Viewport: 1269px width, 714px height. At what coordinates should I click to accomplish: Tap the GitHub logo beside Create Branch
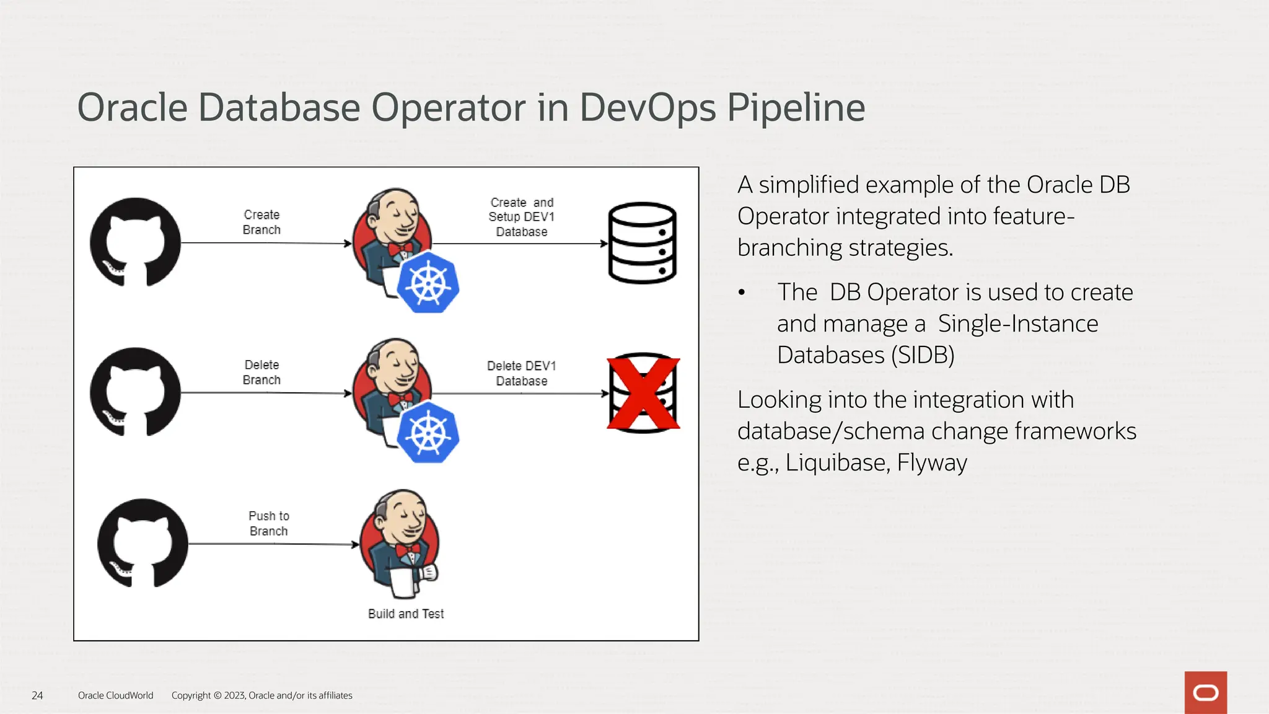pyautogui.click(x=135, y=242)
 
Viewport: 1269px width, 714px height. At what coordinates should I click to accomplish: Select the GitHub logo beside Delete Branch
pyautogui.click(x=135, y=392)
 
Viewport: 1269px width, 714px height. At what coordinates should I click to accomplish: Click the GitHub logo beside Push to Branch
pyautogui.click(x=143, y=543)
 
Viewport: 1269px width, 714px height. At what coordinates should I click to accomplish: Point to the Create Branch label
pyautogui.click(x=261, y=222)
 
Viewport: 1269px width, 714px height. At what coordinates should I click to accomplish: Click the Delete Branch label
pyautogui.click(x=261, y=372)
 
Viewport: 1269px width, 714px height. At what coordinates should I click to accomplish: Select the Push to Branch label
pyautogui.click(x=269, y=523)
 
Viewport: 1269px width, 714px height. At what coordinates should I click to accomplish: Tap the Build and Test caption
pyautogui.click(x=406, y=614)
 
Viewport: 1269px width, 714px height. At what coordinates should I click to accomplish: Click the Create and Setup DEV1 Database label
pyautogui.click(x=521, y=217)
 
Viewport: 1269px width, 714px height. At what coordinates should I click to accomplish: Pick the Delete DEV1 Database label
pyautogui.click(x=521, y=373)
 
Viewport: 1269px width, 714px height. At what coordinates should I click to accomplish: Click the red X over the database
pyautogui.click(x=643, y=394)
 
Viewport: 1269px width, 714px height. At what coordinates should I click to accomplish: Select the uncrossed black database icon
pyautogui.click(x=642, y=243)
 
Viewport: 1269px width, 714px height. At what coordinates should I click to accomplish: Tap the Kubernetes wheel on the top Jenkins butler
pyautogui.click(x=428, y=283)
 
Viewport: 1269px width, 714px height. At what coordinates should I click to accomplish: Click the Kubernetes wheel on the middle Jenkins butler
pyautogui.click(x=428, y=433)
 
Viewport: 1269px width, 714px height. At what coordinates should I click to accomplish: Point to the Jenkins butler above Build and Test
pyautogui.click(x=400, y=543)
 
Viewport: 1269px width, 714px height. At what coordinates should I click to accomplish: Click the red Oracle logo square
pyautogui.click(x=1205, y=692)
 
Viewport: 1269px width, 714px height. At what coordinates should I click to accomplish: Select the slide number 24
pyautogui.click(x=37, y=695)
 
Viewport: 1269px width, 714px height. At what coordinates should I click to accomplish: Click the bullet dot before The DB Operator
pyautogui.click(x=742, y=293)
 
